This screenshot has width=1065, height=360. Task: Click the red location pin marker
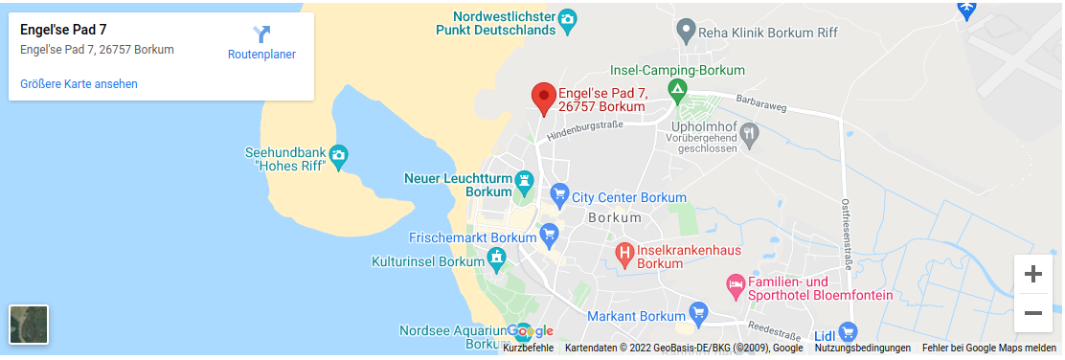[x=544, y=98]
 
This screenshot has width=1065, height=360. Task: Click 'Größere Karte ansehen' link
[x=79, y=84]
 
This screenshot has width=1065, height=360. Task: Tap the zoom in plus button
[x=1032, y=274]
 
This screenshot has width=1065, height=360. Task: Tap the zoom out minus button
[x=1032, y=313]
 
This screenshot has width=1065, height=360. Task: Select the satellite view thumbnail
[x=29, y=324]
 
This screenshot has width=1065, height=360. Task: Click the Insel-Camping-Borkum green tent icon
[x=678, y=92]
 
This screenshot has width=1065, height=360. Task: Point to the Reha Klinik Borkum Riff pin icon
[x=686, y=32]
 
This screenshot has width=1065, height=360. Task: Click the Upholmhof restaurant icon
[x=750, y=133]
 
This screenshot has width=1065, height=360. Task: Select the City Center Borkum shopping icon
[x=559, y=197]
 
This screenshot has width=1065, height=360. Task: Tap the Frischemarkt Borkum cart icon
[x=549, y=234]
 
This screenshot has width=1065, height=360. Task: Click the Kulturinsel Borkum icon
[x=496, y=259]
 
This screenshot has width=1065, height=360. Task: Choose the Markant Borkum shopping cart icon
[x=698, y=313]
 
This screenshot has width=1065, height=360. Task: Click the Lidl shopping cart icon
[x=847, y=332]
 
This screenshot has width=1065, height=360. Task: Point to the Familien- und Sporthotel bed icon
[x=736, y=284]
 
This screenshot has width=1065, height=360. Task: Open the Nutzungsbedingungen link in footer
[x=863, y=349]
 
